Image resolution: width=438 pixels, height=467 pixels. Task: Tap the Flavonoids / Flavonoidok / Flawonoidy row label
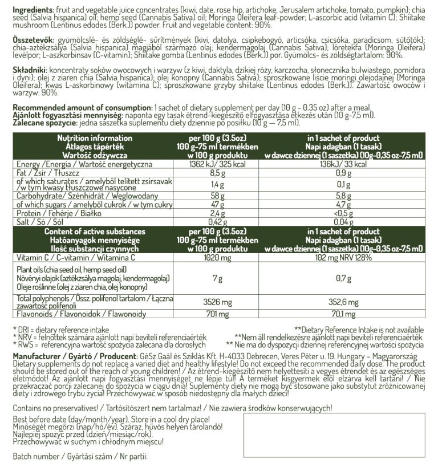73,314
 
